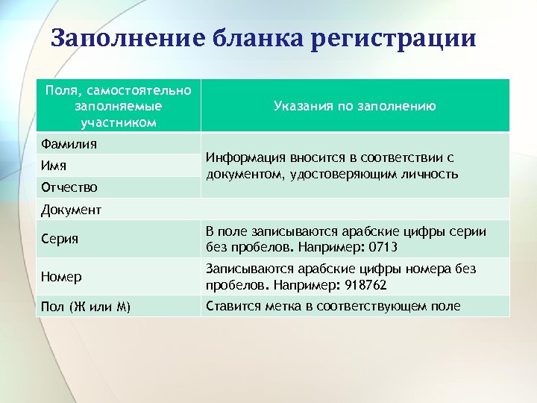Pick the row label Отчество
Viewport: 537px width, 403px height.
tap(68, 187)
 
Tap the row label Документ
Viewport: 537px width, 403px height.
tap(72, 210)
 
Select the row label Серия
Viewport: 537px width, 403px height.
tap(60, 240)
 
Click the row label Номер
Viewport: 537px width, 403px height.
tap(62, 277)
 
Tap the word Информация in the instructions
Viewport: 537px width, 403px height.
tap(242, 158)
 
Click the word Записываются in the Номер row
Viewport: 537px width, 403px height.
tap(245, 269)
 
